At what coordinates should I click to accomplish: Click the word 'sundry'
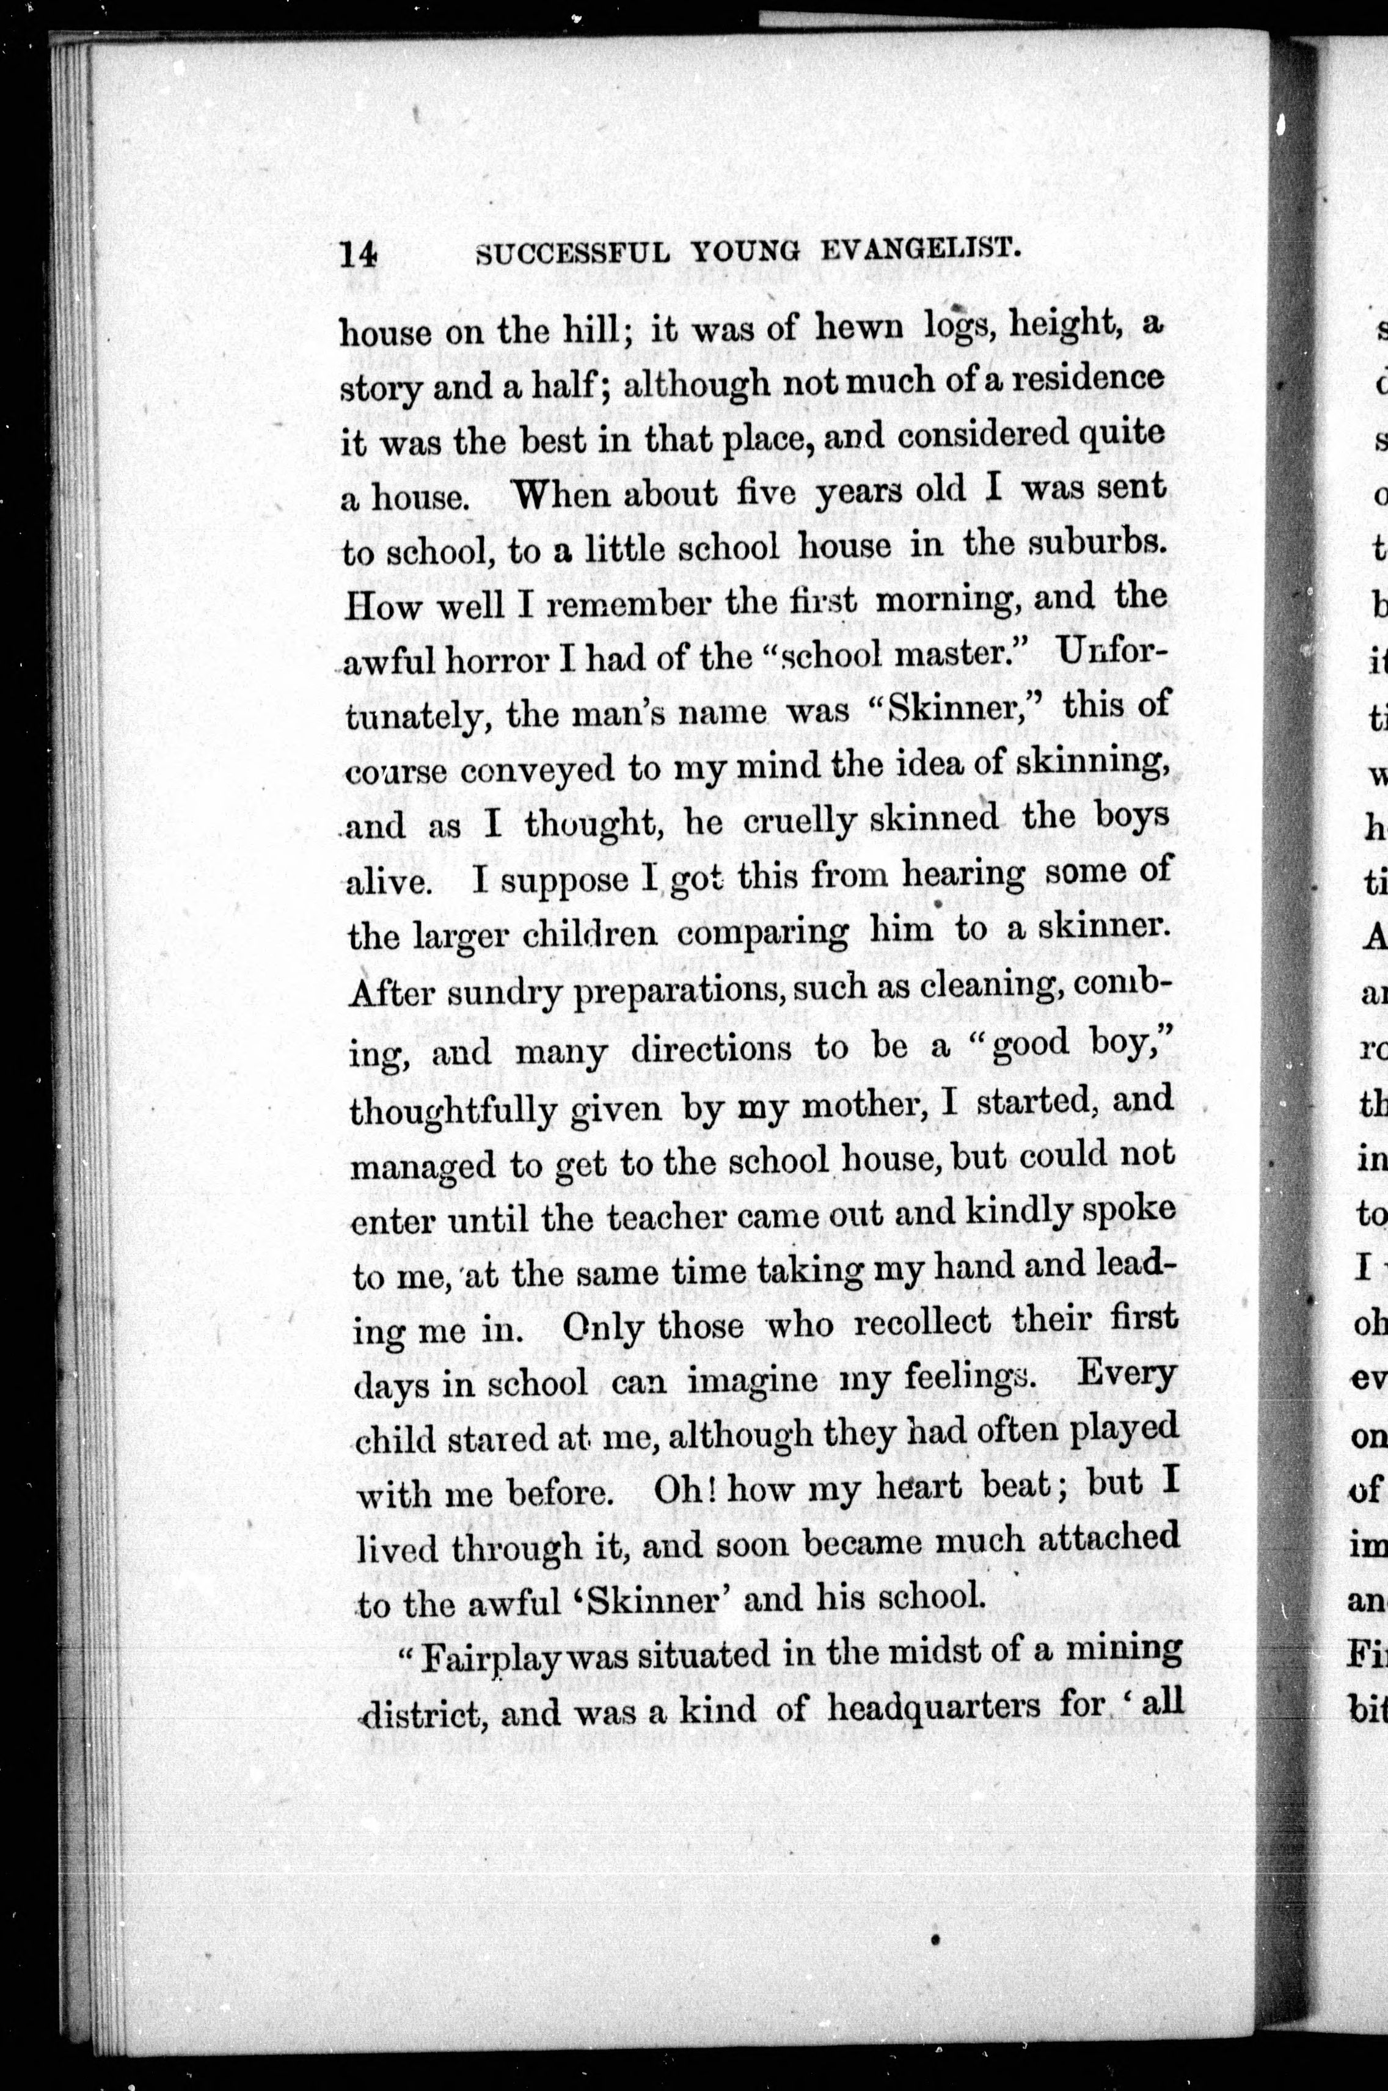(493, 993)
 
